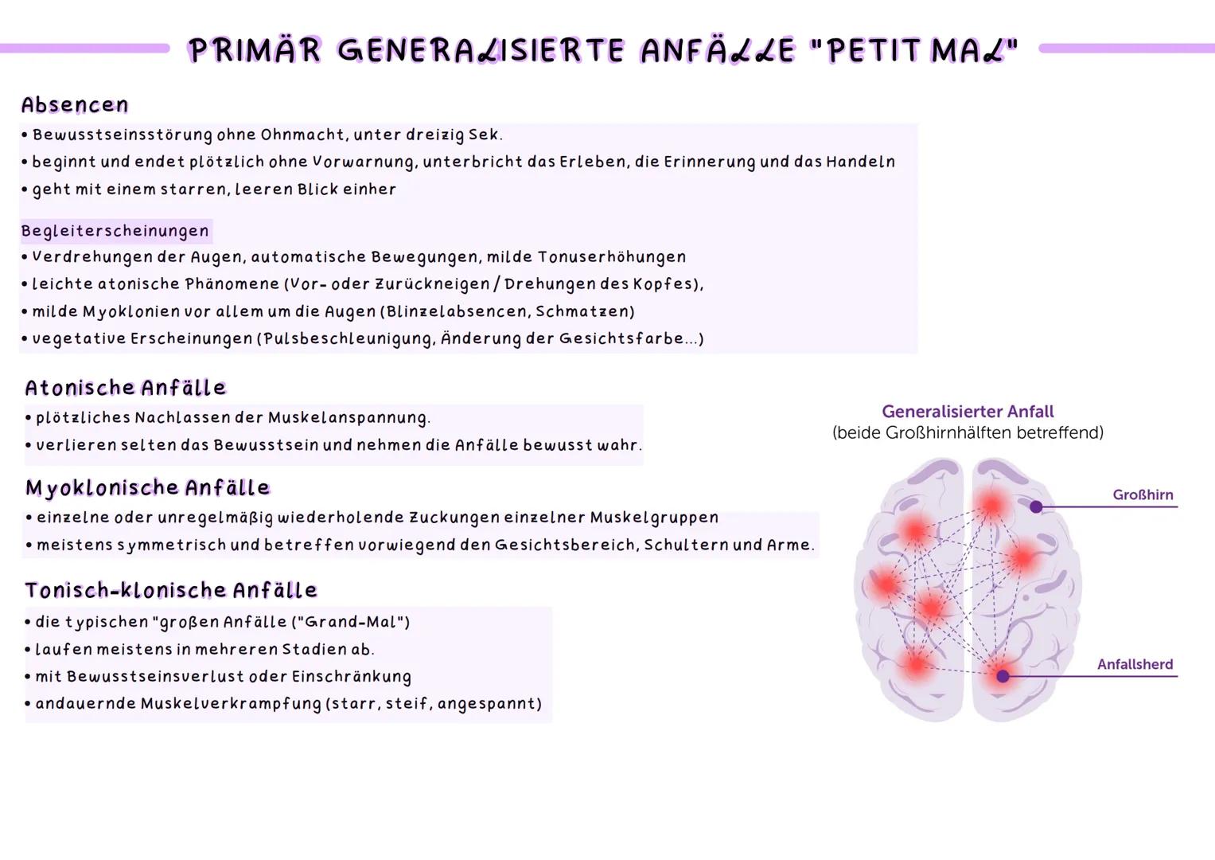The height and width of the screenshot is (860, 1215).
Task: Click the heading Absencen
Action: (75, 105)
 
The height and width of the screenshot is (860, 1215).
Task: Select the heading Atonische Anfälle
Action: (126, 388)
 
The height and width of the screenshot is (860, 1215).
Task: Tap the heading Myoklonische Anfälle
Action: (148, 487)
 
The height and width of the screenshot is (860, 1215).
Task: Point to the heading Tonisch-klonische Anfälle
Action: (171, 590)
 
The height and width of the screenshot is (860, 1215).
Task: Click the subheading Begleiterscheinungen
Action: (115, 231)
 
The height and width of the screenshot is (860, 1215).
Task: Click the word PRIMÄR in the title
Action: (255, 51)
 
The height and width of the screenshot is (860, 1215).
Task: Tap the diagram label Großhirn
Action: (1143, 494)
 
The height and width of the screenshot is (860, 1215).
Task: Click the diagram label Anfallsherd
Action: (1135, 664)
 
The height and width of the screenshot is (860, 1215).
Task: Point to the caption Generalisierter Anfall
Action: (968, 412)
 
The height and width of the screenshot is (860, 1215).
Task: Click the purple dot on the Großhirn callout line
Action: (1036, 506)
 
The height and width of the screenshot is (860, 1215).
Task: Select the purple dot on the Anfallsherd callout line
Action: (1003, 676)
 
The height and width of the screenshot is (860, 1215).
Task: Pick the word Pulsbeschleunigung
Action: (348, 338)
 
